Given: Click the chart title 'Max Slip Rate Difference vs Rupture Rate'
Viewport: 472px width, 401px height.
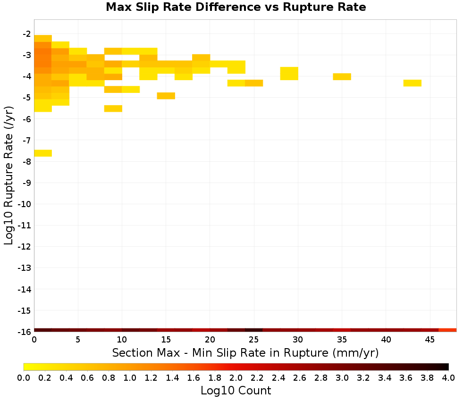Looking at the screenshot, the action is click(236, 7).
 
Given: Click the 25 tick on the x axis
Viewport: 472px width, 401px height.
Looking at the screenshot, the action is click(254, 340).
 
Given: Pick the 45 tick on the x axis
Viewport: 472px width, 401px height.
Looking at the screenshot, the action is click(430, 340).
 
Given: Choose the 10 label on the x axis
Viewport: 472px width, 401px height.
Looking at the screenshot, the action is click(122, 340).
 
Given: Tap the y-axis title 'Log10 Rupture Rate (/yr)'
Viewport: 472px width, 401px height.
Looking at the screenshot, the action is click(8, 175).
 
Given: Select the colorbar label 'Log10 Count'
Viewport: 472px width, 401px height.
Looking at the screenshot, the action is click(236, 391).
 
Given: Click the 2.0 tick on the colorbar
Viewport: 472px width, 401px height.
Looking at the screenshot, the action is click(236, 377).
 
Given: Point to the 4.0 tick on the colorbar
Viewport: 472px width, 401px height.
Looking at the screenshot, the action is click(448, 377).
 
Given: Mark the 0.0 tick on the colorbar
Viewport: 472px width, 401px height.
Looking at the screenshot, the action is click(24, 377).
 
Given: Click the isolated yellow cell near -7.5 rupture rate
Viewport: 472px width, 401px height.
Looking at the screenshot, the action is click(43, 153).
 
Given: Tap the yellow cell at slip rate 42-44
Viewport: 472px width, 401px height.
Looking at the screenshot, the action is click(413, 83).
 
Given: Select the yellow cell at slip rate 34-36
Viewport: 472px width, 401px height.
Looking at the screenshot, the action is click(342, 77).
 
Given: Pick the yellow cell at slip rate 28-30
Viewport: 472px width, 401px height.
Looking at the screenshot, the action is click(289, 74).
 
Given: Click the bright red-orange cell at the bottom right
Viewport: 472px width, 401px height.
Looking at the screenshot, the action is click(447, 330).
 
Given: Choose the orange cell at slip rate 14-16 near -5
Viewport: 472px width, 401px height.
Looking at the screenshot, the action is click(166, 96).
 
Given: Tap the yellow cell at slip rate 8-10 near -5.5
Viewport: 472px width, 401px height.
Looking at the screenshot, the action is click(113, 109).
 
